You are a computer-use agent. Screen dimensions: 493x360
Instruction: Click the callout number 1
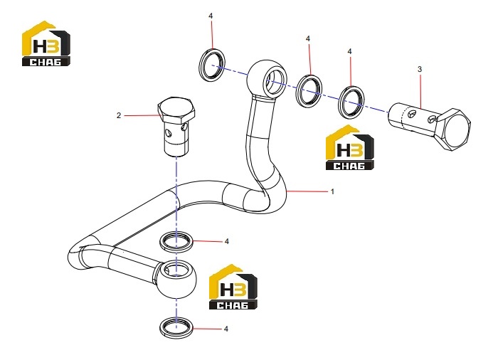pyautogui.click(x=332, y=191)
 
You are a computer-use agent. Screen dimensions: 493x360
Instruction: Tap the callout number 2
pyautogui.click(x=119, y=116)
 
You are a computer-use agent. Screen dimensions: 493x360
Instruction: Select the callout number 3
pyautogui.click(x=420, y=69)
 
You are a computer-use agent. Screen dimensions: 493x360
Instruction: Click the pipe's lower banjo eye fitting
pyautogui.click(x=176, y=278)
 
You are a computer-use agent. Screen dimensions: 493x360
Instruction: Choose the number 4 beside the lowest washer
pyautogui.click(x=226, y=329)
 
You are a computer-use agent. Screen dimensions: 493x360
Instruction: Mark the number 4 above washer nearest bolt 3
pyautogui.click(x=349, y=51)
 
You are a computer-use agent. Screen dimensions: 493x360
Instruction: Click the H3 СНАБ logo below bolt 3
pyautogui.click(x=349, y=148)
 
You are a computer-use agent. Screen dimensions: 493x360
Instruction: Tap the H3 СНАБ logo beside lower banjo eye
pyautogui.click(x=233, y=287)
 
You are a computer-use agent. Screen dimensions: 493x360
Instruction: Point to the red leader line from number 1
pyautogui.click(x=307, y=191)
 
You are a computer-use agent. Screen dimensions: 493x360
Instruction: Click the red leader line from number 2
pyautogui.click(x=142, y=116)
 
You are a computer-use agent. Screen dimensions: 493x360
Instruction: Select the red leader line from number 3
pyautogui.click(x=420, y=91)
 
